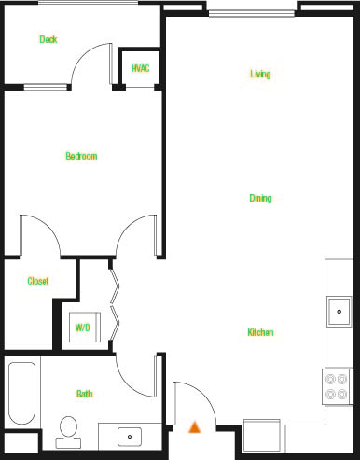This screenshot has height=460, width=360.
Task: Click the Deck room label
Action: [48, 39]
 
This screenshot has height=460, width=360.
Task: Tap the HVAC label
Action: [141, 68]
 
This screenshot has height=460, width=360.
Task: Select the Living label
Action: [260, 74]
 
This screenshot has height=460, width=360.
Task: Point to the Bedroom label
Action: [81, 156]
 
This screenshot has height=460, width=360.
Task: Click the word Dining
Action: [260, 199]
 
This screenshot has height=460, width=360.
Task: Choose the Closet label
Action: [38, 281]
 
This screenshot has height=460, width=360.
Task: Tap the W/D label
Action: [83, 328]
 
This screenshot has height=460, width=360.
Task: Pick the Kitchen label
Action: [260, 332]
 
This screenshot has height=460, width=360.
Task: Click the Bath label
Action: [84, 395]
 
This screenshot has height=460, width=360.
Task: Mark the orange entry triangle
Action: [195, 427]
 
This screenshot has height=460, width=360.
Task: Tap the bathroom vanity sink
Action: [130, 436]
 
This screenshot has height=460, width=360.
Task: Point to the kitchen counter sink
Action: [339, 310]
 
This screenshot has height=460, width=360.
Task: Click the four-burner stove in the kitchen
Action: [337, 385]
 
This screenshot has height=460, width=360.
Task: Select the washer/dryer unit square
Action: [83, 327]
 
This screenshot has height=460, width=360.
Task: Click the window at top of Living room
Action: [254, 12]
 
